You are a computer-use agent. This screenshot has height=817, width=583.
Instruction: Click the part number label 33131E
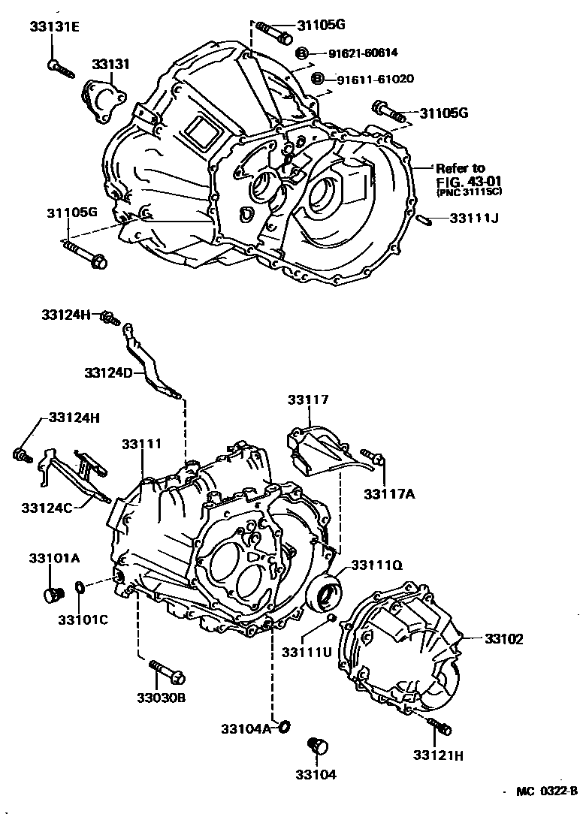(x=54, y=28)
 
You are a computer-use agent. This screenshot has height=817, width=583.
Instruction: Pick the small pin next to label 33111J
(x=423, y=219)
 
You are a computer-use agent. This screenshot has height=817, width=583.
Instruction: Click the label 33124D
(x=110, y=372)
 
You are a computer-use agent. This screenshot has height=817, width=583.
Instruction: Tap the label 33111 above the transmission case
(x=141, y=445)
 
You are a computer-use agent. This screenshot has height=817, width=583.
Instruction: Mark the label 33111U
(x=307, y=651)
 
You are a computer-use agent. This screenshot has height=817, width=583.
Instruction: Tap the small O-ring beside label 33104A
(x=284, y=726)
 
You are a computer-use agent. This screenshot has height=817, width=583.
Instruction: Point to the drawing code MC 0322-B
(x=545, y=791)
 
